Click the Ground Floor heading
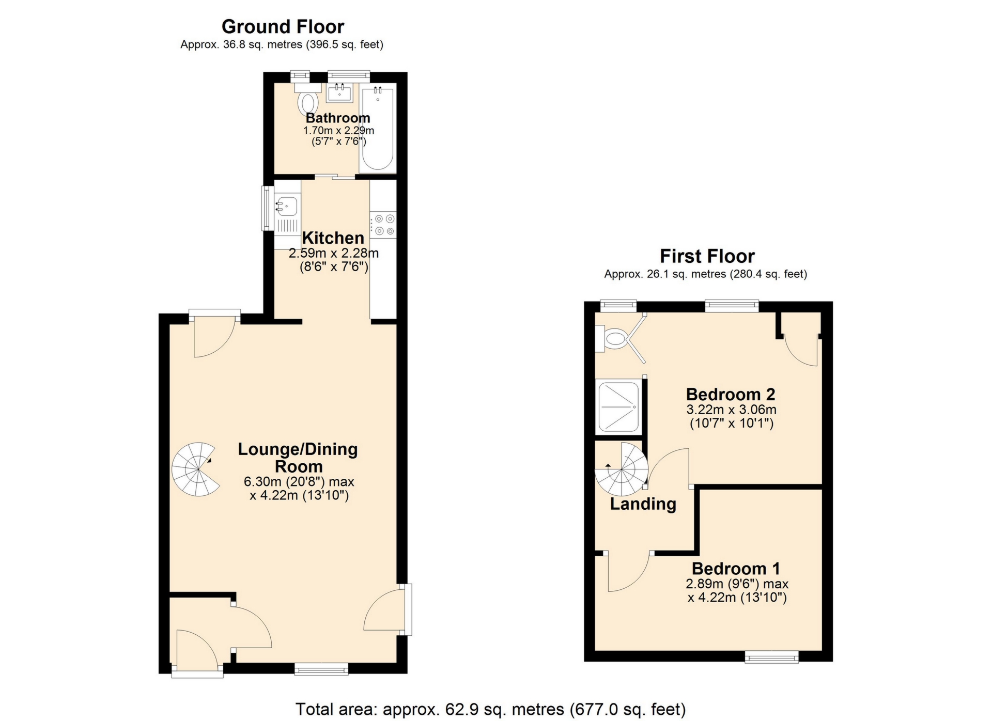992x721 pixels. (x=283, y=26)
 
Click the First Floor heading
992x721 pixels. (x=707, y=256)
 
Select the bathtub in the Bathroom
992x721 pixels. (x=378, y=129)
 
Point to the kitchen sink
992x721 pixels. (x=287, y=207)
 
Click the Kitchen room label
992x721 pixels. (x=333, y=238)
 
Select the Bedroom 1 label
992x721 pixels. (x=736, y=569)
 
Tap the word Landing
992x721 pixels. (x=643, y=504)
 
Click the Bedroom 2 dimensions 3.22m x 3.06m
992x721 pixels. (x=731, y=410)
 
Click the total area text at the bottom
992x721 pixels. (x=490, y=709)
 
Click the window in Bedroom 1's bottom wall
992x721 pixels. (x=771, y=656)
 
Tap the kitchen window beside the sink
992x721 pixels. (x=267, y=208)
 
